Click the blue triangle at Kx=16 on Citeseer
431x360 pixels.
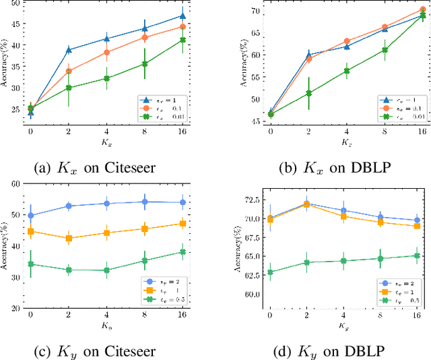[183, 16]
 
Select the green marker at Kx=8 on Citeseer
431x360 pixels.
[144, 64]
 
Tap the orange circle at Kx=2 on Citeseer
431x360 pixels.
[69, 71]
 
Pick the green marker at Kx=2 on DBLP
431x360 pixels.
[309, 93]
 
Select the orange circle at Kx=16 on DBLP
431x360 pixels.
[423, 9]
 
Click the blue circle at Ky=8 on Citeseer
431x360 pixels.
[144, 202]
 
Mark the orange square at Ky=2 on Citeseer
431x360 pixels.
[69, 238]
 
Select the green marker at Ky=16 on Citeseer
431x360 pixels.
[183, 252]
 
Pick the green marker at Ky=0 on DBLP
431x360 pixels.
[271, 272]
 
